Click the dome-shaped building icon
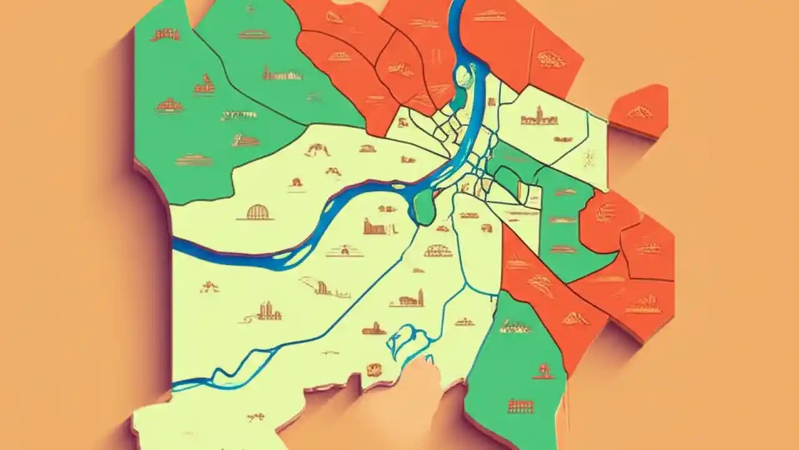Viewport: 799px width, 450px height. [x=255, y=212]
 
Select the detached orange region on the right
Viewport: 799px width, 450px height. [x=640, y=111]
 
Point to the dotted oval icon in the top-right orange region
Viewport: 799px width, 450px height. [x=551, y=59]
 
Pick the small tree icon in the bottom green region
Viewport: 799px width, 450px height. [x=541, y=371]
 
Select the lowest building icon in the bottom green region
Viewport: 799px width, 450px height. [x=521, y=406]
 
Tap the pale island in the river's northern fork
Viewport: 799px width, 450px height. [x=463, y=78]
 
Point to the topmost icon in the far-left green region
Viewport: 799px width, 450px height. [x=165, y=34]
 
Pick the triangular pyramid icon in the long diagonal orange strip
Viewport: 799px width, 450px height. [x=575, y=318]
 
